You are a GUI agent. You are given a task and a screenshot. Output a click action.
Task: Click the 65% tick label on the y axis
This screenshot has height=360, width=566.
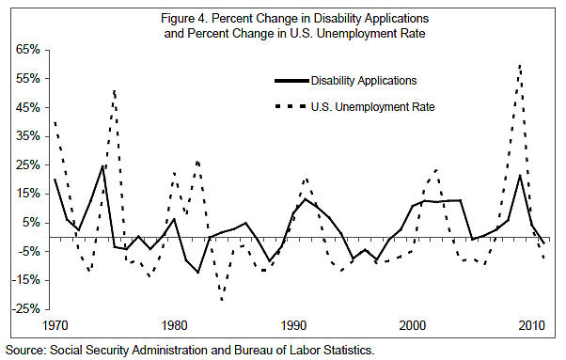(x=29, y=49)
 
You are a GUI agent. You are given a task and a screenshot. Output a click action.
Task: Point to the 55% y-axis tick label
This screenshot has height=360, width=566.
(x=29, y=78)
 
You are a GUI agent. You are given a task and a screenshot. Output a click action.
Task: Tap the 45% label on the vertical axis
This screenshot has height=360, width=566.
(x=29, y=107)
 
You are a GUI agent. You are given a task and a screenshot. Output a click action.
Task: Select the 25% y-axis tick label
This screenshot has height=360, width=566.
(x=29, y=164)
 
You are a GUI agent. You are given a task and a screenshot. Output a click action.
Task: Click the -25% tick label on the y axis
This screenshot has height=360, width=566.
(x=27, y=308)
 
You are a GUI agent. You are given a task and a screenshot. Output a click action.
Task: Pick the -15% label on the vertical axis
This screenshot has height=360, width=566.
(x=27, y=279)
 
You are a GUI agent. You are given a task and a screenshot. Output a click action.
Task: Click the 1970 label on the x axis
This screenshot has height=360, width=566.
(x=55, y=326)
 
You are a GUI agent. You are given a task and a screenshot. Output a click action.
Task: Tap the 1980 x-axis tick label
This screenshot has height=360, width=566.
(x=174, y=326)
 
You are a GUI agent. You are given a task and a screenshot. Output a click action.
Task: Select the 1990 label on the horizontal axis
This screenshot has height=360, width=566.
(x=293, y=326)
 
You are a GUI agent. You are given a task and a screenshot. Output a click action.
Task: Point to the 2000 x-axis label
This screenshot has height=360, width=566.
(x=413, y=326)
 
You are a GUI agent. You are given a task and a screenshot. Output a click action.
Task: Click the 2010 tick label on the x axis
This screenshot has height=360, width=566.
(x=532, y=326)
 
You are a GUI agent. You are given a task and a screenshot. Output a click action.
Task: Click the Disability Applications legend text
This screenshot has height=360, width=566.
(x=364, y=81)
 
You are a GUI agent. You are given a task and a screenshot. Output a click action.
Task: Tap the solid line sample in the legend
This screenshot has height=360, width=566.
(x=290, y=81)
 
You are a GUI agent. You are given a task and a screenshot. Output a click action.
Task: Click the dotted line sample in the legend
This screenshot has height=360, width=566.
(x=290, y=107)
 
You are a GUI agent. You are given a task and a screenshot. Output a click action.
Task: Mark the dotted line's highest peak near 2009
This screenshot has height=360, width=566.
(x=520, y=64)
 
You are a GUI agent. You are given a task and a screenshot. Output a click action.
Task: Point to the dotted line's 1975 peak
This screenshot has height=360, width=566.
(x=114, y=90)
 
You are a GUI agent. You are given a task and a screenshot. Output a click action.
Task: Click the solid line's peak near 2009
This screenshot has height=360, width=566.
(x=520, y=175)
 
